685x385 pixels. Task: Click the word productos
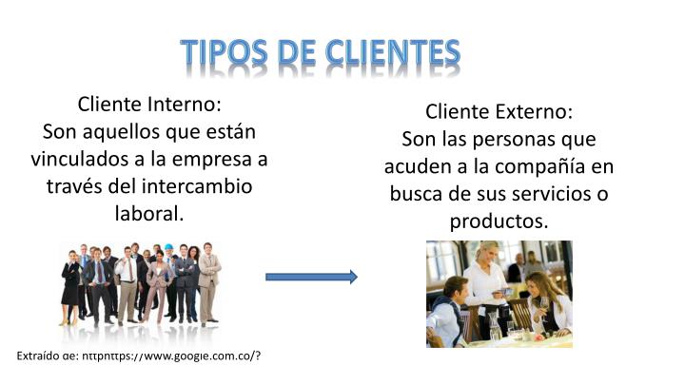pos(499,222)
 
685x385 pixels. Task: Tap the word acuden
pos(415,167)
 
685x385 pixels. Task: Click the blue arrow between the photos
pos(311,277)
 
